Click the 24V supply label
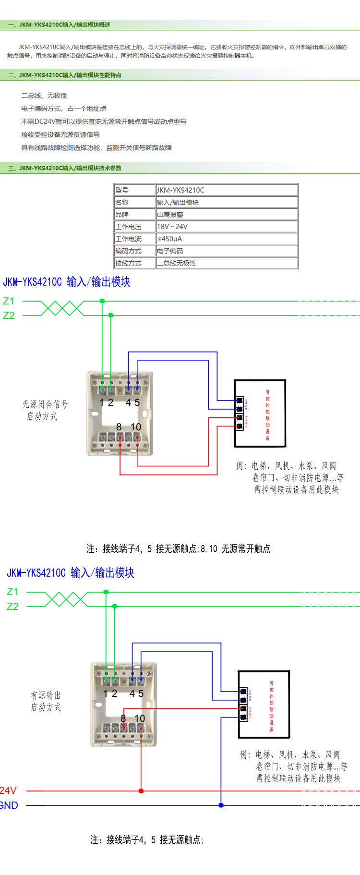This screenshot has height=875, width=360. [8, 790]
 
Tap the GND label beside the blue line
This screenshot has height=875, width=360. [9, 805]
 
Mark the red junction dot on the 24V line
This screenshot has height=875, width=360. [141, 791]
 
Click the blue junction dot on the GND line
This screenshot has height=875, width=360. [221, 805]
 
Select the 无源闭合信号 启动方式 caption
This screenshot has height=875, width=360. [45, 410]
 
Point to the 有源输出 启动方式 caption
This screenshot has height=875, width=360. [46, 701]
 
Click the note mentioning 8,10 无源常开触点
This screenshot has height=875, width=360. [178, 548]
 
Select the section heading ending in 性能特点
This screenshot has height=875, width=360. [65, 75]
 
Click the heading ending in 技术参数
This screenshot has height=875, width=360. [65, 168]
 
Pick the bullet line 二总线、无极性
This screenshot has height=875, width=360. [44, 96]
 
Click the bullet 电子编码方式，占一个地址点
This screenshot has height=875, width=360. [64, 109]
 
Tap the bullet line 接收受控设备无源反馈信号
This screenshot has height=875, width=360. [60, 134]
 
